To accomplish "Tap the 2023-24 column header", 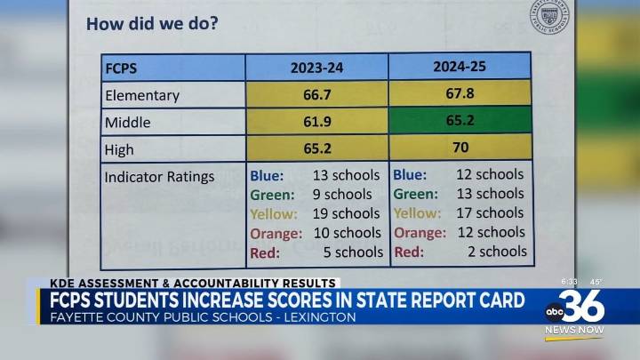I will pyautogui.click(x=317, y=68).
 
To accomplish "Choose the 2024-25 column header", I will pyautogui.click(x=460, y=66).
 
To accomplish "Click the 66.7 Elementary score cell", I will pyautogui.click(x=317, y=94).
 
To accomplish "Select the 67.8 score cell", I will pyautogui.click(x=460, y=93).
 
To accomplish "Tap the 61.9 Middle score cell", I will pyautogui.click(x=317, y=122).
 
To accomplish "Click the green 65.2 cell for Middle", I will pyautogui.click(x=460, y=120).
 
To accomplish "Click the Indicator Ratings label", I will pyautogui.click(x=159, y=177).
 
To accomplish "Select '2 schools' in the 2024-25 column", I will pyautogui.click(x=491, y=252).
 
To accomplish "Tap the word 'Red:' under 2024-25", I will pyautogui.click(x=409, y=252).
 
